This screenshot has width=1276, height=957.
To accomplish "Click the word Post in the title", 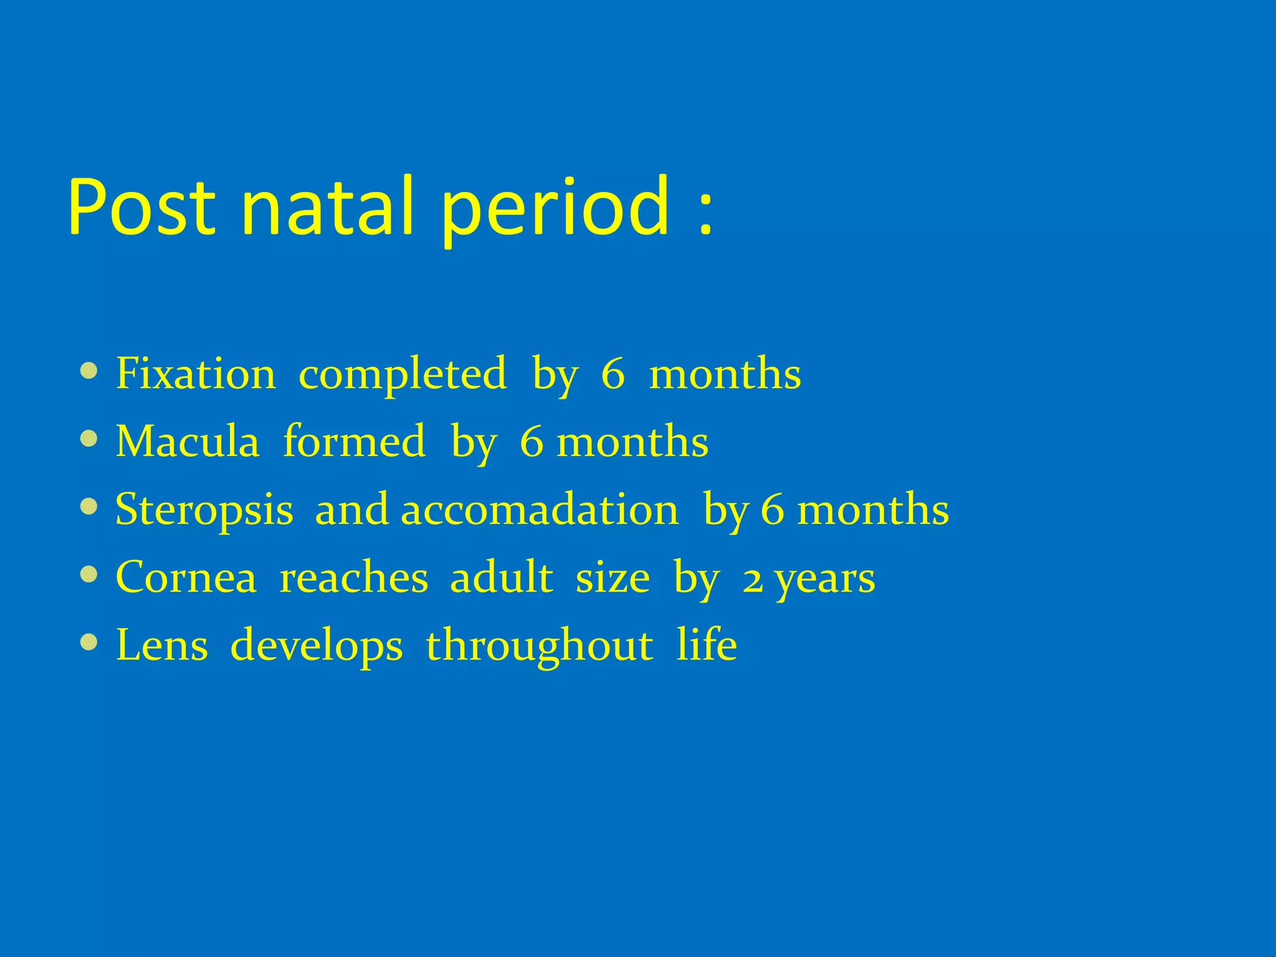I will (x=142, y=207).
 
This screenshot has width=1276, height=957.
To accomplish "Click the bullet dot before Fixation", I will (x=89, y=371).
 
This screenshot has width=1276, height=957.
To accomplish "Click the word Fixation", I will (x=196, y=373).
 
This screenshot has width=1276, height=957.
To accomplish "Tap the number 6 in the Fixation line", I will (x=612, y=374).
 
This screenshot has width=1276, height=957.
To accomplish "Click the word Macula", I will (x=187, y=441).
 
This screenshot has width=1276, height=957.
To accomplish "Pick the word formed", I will (x=354, y=441).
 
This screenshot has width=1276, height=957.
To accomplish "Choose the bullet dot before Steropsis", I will (x=89, y=507).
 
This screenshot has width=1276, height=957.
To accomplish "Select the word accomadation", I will (x=540, y=509).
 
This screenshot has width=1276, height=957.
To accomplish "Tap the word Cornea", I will (x=186, y=577).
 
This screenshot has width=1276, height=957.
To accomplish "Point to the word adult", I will (x=501, y=577).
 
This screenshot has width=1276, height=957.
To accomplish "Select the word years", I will (x=825, y=579).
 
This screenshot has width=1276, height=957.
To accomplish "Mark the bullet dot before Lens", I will (x=89, y=642).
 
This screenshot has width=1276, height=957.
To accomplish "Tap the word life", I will (x=707, y=644).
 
